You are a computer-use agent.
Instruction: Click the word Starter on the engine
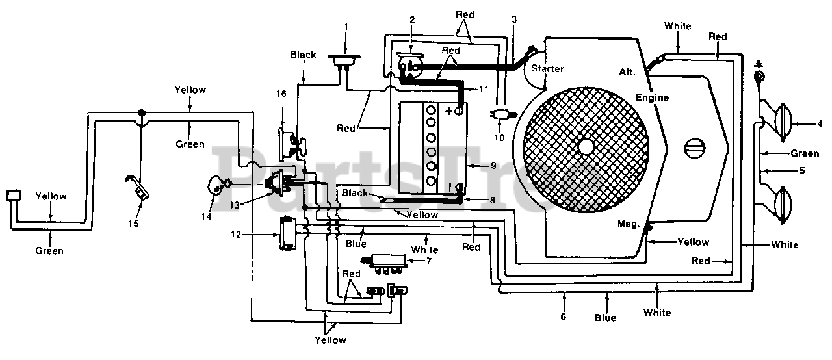coord(547,68)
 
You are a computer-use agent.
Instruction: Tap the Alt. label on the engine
coord(627,72)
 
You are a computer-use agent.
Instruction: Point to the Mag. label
coord(629,224)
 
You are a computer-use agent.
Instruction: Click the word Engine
coord(652,97)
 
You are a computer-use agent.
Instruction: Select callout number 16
coord(281,94)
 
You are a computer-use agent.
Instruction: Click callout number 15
coord(133,224)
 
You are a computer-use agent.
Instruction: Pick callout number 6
coord(563,316)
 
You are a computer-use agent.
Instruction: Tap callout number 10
coord(499,138)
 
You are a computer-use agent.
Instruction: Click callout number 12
coord(236,234)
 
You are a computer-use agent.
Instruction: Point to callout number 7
coord(429,261)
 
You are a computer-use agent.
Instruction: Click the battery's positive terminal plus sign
coord(449,111)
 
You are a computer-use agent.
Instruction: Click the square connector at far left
coord(14,196)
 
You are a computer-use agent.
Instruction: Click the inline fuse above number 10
coord(502,114)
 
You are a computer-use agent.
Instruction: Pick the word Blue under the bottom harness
coord(605,318)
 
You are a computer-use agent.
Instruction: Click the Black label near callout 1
coord(303,55)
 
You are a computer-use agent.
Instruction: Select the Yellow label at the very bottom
coord(330,340)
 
